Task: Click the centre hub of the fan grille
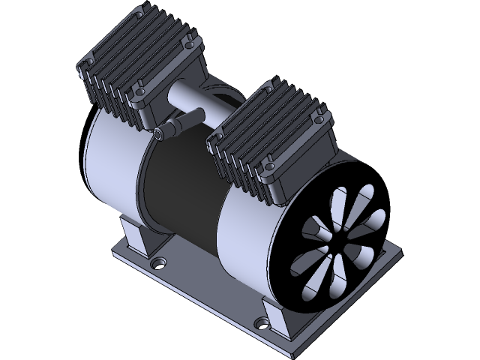pyautogui.click(x=339, y=247)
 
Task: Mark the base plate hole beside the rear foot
pyautogui.click(x=158, y=264)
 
